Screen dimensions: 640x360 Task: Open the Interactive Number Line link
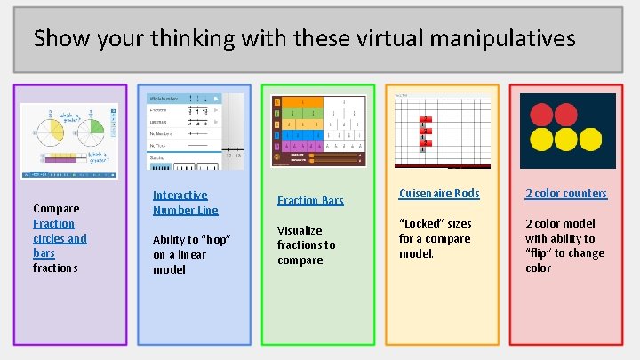click(185, 203)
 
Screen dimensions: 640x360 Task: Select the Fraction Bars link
click(310, 200)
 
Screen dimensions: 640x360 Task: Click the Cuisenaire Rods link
click(439, 193)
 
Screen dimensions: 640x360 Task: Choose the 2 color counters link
click(566, 193)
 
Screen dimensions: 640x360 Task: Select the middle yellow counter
click(566, 140)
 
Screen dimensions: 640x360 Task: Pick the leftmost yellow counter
click(541, 140)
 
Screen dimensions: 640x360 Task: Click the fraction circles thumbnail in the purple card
click(68, 143)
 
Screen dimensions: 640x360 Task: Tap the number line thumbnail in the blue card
click(196, 130)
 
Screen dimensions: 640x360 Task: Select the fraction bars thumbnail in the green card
click(318, 130)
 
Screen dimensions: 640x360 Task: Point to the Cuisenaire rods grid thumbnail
click(442, 129)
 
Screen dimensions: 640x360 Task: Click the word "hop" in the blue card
click(216, 239)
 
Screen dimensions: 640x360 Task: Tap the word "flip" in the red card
click(537, 253)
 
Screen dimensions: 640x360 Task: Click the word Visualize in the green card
click(300, 230)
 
